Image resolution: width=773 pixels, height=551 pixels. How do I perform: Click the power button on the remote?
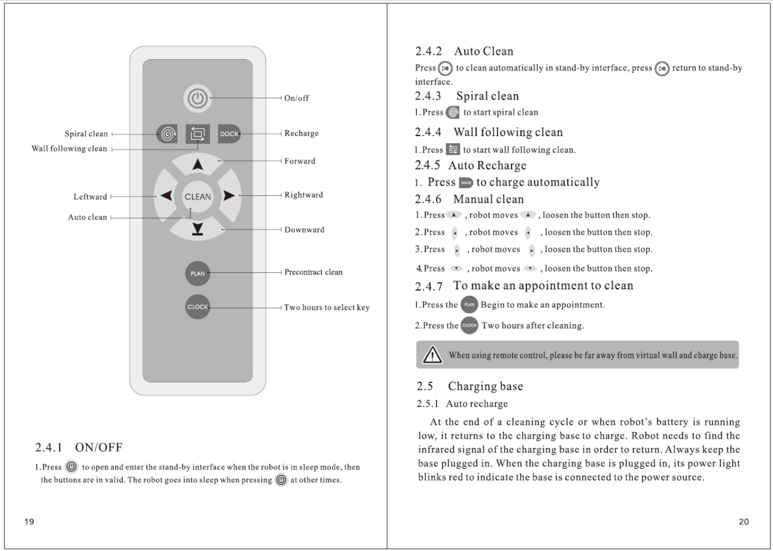tap(198, 98)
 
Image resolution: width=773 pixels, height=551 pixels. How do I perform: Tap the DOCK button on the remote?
tap(229, 133)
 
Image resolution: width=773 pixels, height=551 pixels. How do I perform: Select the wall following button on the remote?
tap(198, 133)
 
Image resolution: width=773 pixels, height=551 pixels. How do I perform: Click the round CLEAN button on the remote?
tap(198, 196)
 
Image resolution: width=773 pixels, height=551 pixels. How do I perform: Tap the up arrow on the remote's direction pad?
tap(198, 164)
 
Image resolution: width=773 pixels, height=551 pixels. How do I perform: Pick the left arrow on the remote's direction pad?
tap(166, 196)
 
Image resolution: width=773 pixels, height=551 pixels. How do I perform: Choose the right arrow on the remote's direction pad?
tap(229, 196)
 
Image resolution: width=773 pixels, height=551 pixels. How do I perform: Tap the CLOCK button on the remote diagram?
tap(198, 306)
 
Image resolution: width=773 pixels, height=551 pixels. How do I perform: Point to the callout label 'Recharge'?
tap(301, 133)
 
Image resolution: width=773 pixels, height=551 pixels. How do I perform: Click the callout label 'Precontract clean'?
tap(313, 272)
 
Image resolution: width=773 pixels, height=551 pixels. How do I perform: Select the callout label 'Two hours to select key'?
tap(327, 308)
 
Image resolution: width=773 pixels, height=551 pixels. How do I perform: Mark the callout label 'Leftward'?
tap(90, 196)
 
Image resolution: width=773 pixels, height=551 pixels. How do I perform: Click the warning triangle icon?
tap(432, 355)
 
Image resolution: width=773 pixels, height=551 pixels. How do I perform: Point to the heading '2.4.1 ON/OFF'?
tap(79, 447)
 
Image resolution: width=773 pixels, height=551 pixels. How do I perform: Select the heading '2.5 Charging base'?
tap(470, 386)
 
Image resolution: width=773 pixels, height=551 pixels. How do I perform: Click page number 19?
tap(29, 521)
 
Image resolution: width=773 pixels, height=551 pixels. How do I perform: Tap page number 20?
tap(744, 521)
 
